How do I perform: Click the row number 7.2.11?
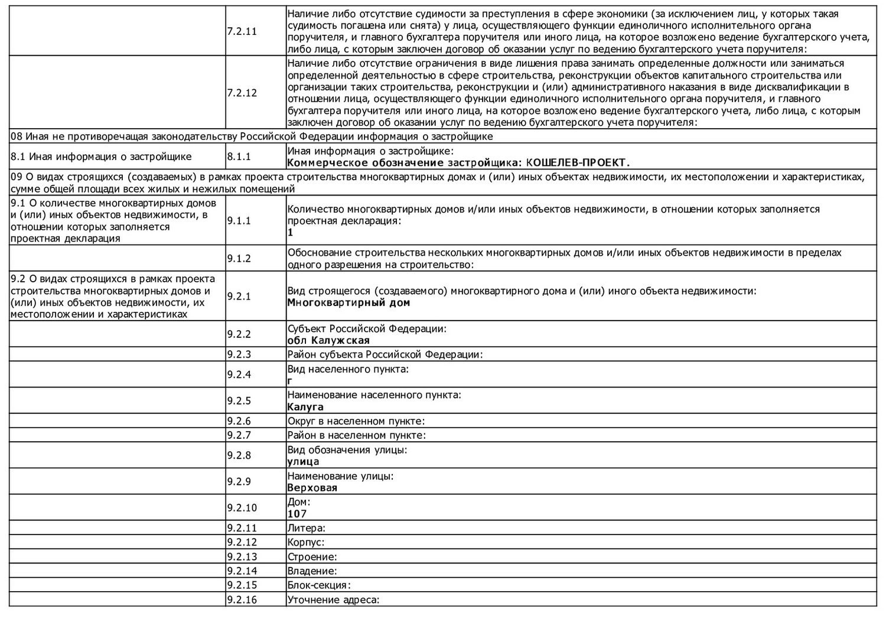(242, 31)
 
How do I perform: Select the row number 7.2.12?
(242, 93)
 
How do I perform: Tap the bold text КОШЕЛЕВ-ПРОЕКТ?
(578, 163)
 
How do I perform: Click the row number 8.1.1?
(239, 157)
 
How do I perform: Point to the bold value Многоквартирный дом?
(348, 303)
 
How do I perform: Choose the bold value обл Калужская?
(328, 341)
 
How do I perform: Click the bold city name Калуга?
(305, 407)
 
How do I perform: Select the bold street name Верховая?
(312, 488)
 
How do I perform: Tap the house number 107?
(297, 514)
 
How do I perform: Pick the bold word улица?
(303, 462)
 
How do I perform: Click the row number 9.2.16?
(242, 600)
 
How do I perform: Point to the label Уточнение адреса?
(333, 600)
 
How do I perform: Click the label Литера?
(306, 528)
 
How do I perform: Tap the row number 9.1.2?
(239, 259)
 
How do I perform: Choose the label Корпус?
(305, 542)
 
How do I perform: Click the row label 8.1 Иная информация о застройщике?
(101, 157)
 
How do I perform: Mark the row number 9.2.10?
(242, 508)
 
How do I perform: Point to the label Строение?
(312, 557)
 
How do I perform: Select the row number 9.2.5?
(239, 401)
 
